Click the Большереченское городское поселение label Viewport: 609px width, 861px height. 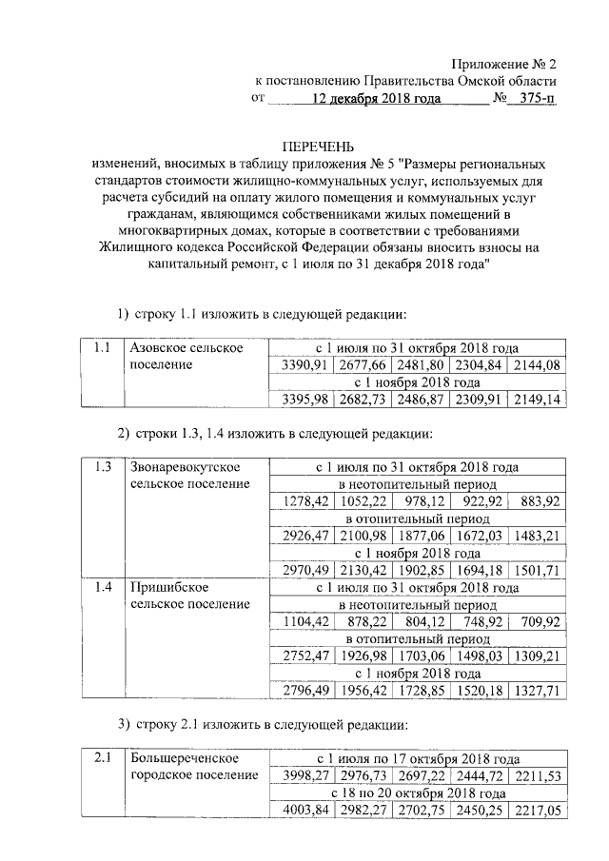point(194,767)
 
